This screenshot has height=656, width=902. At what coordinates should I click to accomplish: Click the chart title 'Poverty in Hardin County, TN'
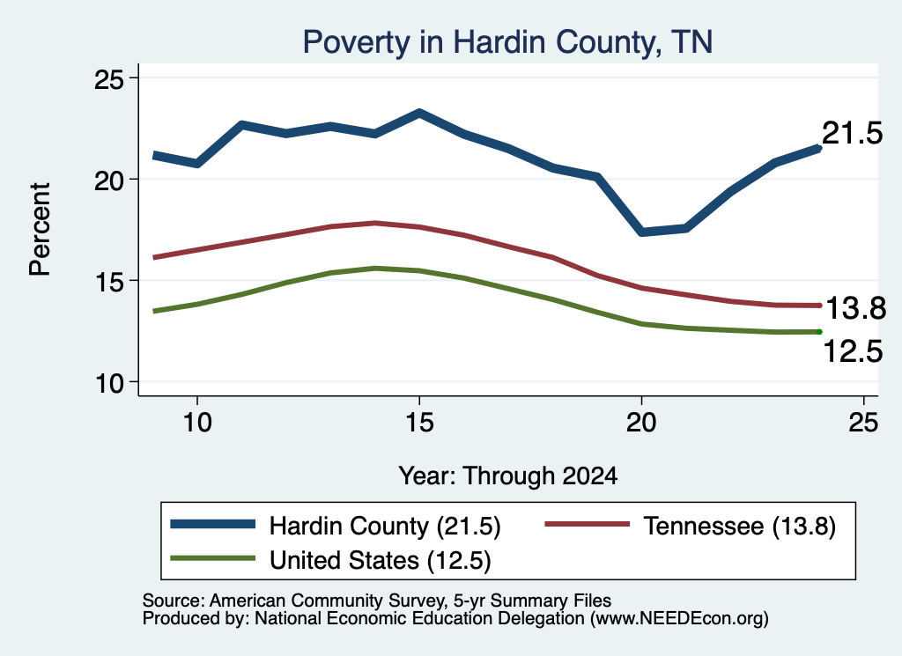pyautogui.click(x=507, y=42)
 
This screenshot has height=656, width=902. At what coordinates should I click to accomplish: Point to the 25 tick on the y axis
pyautogui.click(x=108, y=78)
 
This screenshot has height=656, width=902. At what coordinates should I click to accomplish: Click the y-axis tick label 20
pyautogui.click(x=108, y=180)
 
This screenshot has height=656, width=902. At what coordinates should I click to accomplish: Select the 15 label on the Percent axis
pyautogui.click(x=108, y=281)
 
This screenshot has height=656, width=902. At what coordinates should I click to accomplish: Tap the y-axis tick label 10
pyautogui.click(x=108, y=383)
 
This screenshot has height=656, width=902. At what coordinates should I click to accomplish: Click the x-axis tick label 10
pyautogui.click(x=197, y=423)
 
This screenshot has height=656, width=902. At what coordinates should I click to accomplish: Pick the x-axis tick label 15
pyautogui.click(x=419, y=423)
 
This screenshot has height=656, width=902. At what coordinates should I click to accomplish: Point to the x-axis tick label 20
pyautogui.click(x=641, y=423)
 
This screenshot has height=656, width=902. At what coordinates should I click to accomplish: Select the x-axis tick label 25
pyautogui.click(x=863, y=423)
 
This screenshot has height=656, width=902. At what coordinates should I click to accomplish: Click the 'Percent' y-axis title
pyautogui.click(x=40, y=230)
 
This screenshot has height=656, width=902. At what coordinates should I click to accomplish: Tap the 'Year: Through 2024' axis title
pyautogui.click(x=508, y=476)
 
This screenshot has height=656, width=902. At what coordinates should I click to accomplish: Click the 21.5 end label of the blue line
pyautogui.click(x=852, y=133)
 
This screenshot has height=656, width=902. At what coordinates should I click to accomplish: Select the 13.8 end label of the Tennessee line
pyautogui.click(x=856, y=308)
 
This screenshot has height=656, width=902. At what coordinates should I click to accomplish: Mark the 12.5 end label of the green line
pyautogui.click(x=853, y=350)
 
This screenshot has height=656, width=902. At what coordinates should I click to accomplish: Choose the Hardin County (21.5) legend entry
pyautogui.click(x=336, y=526)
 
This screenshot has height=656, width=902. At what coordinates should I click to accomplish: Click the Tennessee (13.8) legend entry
pyautogui.click(x=690, y=526)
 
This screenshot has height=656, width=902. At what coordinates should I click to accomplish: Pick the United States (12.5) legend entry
pyautogui.click(x=331, y=560)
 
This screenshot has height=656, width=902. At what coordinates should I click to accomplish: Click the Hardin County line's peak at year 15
pyautogui.click(x=419, y=113)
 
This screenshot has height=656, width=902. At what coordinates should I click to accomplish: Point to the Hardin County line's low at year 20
pyautogui.click(x=641, y=232)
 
